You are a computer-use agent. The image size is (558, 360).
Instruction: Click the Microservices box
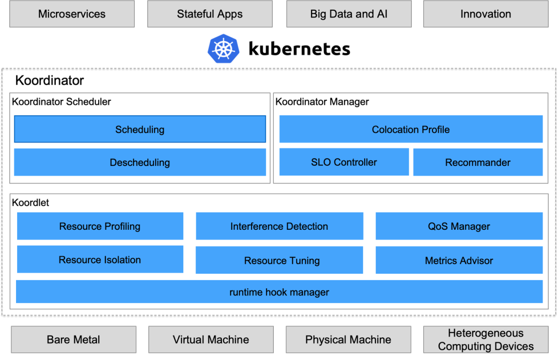(72, 14)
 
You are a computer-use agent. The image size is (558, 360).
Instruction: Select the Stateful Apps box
(209, 14)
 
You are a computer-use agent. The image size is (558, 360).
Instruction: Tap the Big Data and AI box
(349, 14)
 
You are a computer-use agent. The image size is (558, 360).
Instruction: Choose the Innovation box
(486, 14)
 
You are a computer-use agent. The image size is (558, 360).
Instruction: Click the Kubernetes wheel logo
(224, 49)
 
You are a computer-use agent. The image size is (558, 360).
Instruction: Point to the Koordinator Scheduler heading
(61, 102)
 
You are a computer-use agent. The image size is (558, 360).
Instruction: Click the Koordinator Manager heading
(322, 102)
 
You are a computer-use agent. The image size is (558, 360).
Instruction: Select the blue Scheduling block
(139, 129)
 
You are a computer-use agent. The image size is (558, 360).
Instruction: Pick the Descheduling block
(139, 162)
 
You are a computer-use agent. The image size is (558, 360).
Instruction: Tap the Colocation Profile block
(411, 129)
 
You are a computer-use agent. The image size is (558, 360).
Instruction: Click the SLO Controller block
(344, 162)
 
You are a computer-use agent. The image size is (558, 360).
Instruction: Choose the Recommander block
(478, 163)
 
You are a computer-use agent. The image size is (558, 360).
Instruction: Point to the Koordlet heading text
(30, 202)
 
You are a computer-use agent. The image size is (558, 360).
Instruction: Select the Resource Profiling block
(100, 226)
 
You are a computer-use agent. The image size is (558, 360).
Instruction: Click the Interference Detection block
(279, 226)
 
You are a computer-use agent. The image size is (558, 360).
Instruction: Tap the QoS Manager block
(459, 226)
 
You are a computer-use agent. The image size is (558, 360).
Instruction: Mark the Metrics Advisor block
(459, 260)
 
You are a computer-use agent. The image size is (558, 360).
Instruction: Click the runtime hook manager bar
(279, 292)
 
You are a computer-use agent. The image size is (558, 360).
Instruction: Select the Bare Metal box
(73, 339)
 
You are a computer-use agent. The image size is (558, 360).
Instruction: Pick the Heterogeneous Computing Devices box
(486, 339)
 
